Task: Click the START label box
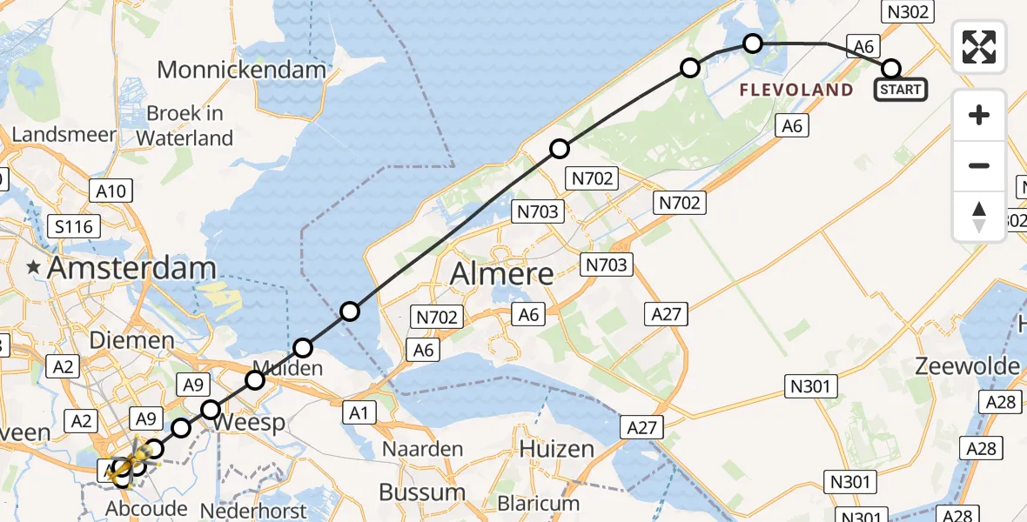pyautogui.click(x=900, y=89)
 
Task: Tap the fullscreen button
pyautogui.click(x=979, y=46)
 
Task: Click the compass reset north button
pyautogui.click(x=979, y=217)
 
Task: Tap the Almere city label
pyautogui.click(x=502, y=274)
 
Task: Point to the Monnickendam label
pyautogui.click(x=242, y=70)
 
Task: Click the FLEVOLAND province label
pyautogui.click(x=796, y=90)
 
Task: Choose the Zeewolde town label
pyautogui.click(x=967, y=366)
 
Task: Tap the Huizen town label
pyautogui.click(x=556, y=450)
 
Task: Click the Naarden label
pyautogui.click(x=424, y=450)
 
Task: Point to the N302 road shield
pyautogui.click(x=909, y=11)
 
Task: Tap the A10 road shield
pyautogui.click(x=111, y=191)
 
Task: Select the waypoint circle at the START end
pyautogui.click(x=891, y=68)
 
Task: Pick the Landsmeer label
pyautogui.click(x=64, y=135)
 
